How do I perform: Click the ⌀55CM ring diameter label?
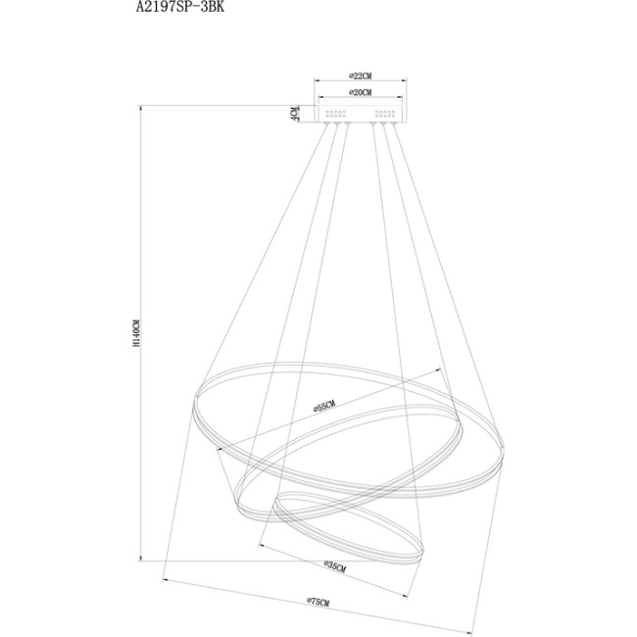[324, 404]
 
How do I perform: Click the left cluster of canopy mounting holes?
[335, 115]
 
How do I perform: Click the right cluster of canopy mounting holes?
[382, 115]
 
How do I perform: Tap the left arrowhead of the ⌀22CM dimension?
[316, 82]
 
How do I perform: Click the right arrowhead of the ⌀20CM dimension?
[401, 99]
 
